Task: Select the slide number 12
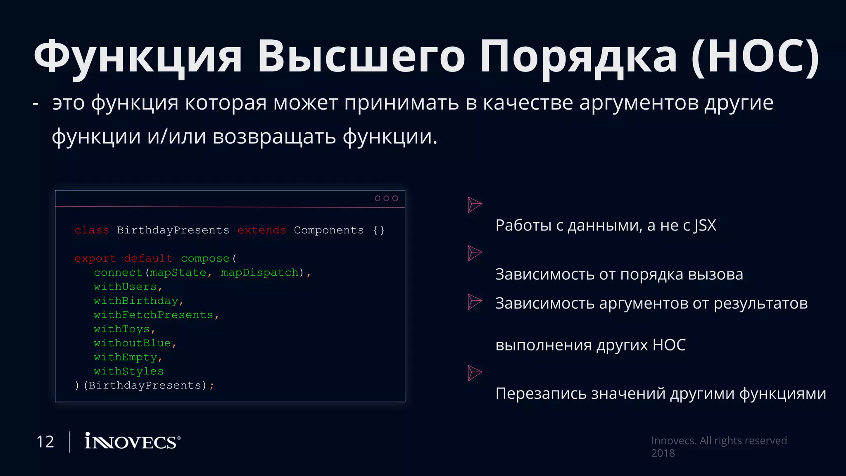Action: tap(45, 442)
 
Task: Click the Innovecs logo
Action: tap(132, 441)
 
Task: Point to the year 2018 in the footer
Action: tap(663, 453)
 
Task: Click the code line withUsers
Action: tap(125, 287)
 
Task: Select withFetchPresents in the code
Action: tap(153, 315)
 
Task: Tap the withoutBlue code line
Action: tap(132, 343)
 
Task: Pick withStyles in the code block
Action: tap(128, 371)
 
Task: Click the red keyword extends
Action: tap(261, 230)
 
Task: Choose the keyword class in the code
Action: tap(92, 230)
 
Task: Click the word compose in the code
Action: tap(205, 259)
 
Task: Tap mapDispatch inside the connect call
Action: tap(259, 273)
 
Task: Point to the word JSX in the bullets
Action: tap(705, 226)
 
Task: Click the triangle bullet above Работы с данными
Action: tap(474, 205)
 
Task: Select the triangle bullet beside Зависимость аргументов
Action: tap(474, 302)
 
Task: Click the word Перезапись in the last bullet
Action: tap(540, 394)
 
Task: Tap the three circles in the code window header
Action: tap(386, 198)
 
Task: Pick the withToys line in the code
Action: tap(121, 329)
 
